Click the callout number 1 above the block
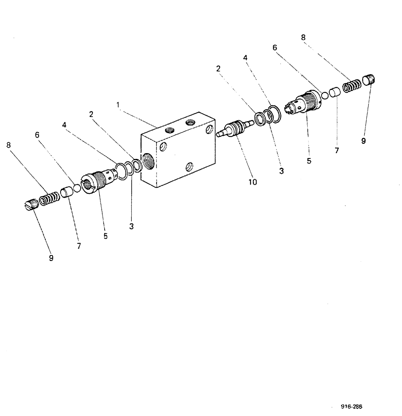pyautogui.click(x=118, y=106)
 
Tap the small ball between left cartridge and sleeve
pyautogui.click(x=77, y=189)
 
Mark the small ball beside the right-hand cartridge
pyautogui.click(x=325, y=95)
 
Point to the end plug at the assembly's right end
pyautogui.click(x=369, y=79)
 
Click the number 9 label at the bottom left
pyautogui.click(x=51, y=258)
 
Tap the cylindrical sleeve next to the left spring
pyautogui.click(x=66, y=193)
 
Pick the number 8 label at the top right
pyautogui.click(x=304, y=37)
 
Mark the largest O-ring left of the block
pyautogui.click(x=121, y=171)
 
